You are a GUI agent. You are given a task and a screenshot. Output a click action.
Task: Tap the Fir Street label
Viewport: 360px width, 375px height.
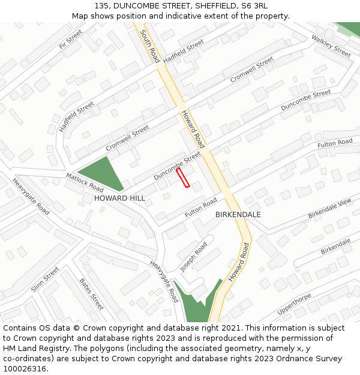71,40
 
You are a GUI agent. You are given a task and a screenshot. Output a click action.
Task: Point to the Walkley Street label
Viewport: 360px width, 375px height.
331,46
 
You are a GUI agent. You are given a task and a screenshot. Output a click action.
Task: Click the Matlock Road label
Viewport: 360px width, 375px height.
85,182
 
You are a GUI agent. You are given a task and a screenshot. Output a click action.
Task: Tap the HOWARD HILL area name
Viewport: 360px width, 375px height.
119,198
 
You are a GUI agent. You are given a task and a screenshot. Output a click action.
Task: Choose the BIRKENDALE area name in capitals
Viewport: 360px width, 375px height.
238,214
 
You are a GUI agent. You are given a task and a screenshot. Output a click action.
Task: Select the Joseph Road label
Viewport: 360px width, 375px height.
193,257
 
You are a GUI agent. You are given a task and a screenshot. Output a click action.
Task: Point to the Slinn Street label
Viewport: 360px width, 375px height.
46,280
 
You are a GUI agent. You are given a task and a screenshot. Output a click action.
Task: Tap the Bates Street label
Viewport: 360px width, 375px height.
91,293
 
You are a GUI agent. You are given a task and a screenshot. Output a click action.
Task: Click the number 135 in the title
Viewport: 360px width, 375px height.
103,5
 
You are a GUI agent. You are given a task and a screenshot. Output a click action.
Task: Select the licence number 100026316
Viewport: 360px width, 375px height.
24,369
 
